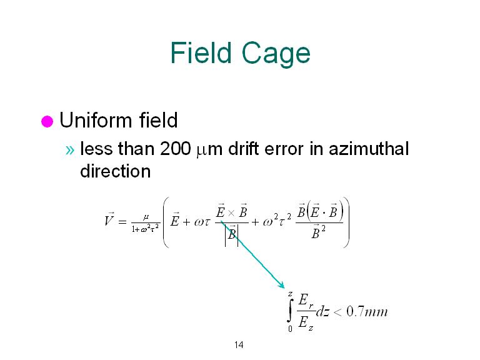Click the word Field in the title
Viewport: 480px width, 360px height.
(x=201, y=52)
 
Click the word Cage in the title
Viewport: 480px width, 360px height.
(x=276, y=54)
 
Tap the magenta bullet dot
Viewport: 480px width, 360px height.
(x=47, y=121)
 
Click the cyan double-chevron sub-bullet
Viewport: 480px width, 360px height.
(x=70, y=150)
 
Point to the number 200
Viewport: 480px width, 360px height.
(x=175, y=149)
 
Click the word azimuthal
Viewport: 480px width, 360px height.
(x=369, y=149)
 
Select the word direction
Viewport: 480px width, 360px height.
(x=116, y=171)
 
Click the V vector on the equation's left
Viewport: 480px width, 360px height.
(x=109, y=219)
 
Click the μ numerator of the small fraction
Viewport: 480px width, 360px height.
(x=146, y=217)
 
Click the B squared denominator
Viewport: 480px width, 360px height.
(x=318, y=232)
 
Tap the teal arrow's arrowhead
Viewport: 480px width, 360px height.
(x=281, y=285)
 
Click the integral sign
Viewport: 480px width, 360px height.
(x=290, y=311)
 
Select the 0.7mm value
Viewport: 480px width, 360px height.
(x=367, y=312)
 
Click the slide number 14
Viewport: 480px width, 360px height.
(x=239, y=345)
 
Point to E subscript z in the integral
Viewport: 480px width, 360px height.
(x=306, y=323)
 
